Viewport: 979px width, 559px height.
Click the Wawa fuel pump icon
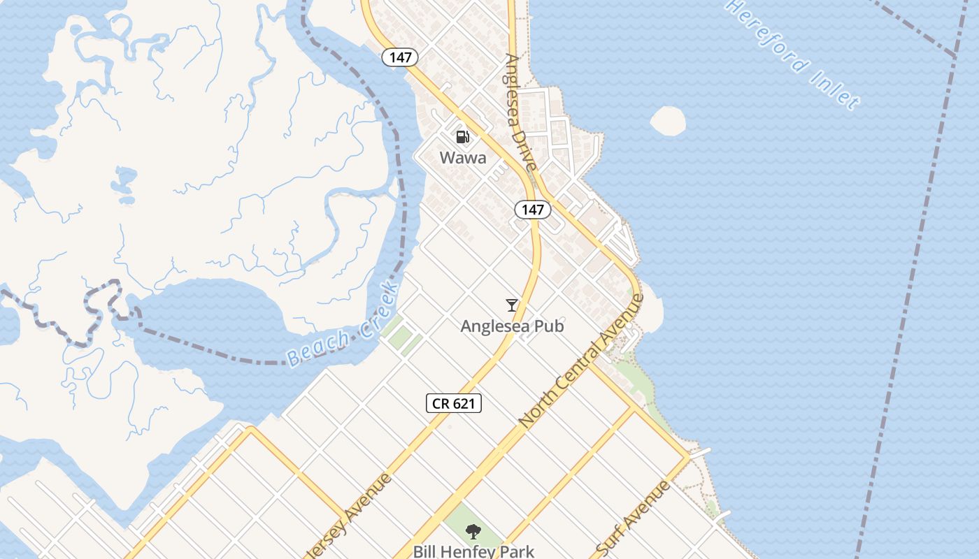pyautogui.click(x=462, y=136)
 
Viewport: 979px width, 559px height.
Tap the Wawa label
pyautogui.click(x=463, y=158)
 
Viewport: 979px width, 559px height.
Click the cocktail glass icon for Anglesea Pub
pyautogui.click(x=512, y=305)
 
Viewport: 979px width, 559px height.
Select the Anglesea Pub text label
pyautogui.click(x=512, y=326)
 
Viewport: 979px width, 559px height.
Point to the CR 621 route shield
pyautogui.click(x=454, y=402)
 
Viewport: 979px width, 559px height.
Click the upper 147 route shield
pyautogui.click(x=400, y=57)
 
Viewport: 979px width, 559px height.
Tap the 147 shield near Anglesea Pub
pyautogui.click(x=532, y=209)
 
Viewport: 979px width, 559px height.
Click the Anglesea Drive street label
pyautogui.click(x=522, y=112)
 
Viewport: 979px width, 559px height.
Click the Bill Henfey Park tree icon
pyautogui.click(x=473, y=531)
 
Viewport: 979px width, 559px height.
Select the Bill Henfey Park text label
pyautogui.click(x=473, y=551)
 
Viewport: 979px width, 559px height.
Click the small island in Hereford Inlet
pyautogui.click(x=668, y=121)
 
